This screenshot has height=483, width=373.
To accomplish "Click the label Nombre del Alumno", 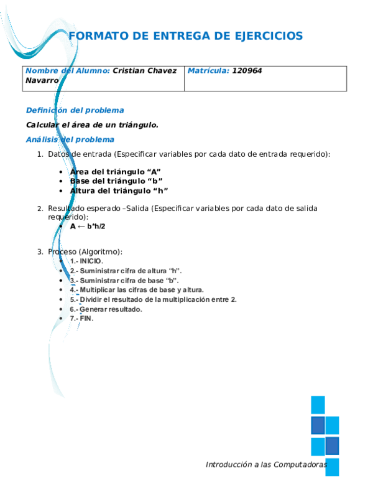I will pos(68,71).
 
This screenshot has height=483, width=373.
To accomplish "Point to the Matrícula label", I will pos(208,71).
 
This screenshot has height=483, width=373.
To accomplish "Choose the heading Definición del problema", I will pos(75,111).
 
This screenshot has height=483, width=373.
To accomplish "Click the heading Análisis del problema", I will pos(70,139).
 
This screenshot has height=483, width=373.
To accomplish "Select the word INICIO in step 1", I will pos(91,261).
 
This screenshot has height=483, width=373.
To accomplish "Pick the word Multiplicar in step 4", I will pos(98,290).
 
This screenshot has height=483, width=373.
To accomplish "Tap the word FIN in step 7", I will pos(86,319).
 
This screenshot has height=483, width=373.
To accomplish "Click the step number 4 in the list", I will pos(73,290).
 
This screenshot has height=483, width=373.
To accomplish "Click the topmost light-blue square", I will pos(317,405).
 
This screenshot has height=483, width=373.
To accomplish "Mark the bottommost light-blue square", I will pos(333,467).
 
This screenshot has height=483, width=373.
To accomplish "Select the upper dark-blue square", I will pos(317,425).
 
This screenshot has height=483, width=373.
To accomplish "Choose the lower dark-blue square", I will pos(333,446).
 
